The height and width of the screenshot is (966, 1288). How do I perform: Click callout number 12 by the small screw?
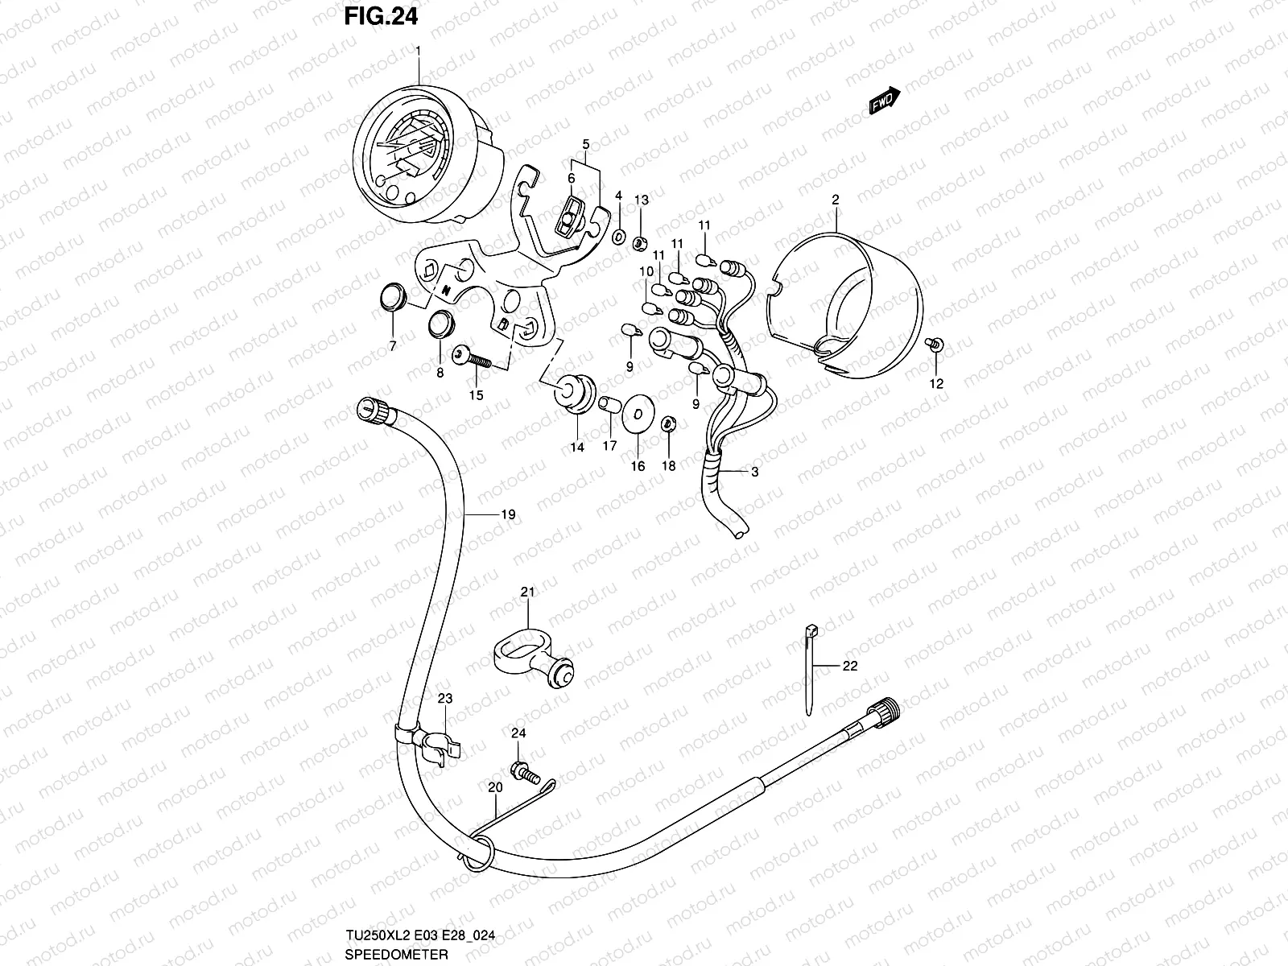pos(936,384)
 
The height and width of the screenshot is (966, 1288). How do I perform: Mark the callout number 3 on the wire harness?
pos(754,473)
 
